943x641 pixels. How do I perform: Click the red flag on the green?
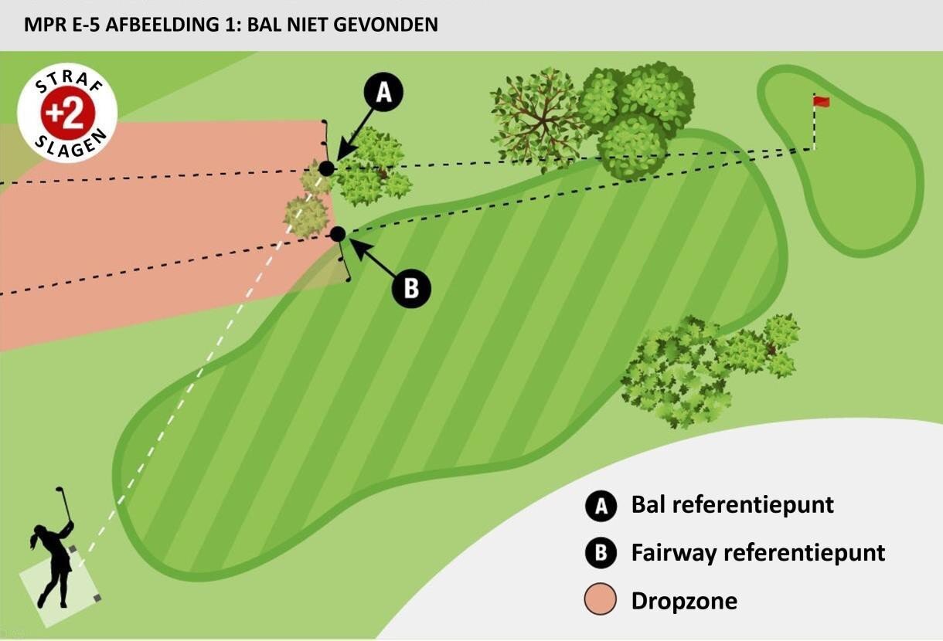point(821,101)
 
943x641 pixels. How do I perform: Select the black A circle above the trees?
point(384,93)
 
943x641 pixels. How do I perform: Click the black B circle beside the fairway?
point(411,289)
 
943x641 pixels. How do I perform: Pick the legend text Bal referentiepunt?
point(732,505)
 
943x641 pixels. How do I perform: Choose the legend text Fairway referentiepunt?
point(757,553)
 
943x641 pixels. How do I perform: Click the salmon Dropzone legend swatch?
point(601,601)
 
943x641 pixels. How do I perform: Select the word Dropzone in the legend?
point(684,601)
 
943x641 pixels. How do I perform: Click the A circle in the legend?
point(601,506)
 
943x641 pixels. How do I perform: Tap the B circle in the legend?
point(601,553)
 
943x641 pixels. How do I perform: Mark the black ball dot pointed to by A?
point(327,168)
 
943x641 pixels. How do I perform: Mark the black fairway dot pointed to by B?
point(337,233)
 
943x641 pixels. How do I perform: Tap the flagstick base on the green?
point(813,148)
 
